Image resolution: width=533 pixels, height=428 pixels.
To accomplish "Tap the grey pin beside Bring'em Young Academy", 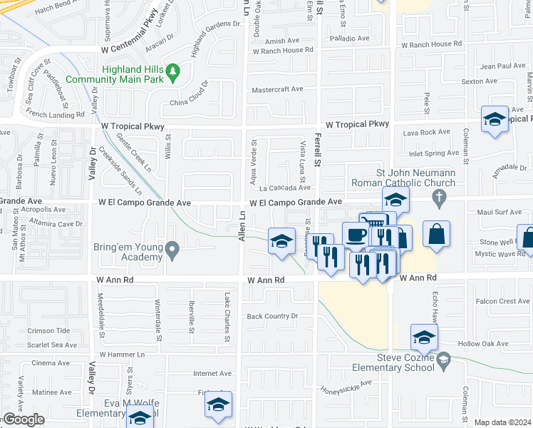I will tap(172, 250).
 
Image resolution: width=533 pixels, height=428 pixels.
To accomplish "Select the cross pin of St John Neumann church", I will tap(440, 197).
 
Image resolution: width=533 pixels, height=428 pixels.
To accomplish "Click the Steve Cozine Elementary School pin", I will tap(444, 360).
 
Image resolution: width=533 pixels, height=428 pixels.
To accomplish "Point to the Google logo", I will tap(23, 419).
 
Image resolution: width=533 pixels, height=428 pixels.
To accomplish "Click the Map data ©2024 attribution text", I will tap(503, 422).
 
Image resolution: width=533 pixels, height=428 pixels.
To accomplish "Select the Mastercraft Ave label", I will tap(278, 90).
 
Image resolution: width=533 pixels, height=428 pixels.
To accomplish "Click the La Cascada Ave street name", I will tap(284, 188).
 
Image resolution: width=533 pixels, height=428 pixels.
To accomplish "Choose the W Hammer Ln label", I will tap(122, 354).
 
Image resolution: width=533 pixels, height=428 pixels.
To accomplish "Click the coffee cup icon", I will tap(356, 234).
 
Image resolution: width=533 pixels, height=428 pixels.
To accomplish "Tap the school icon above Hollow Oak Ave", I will tap(424, 336).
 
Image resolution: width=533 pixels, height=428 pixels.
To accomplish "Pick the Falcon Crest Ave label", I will tap(503, 302).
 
